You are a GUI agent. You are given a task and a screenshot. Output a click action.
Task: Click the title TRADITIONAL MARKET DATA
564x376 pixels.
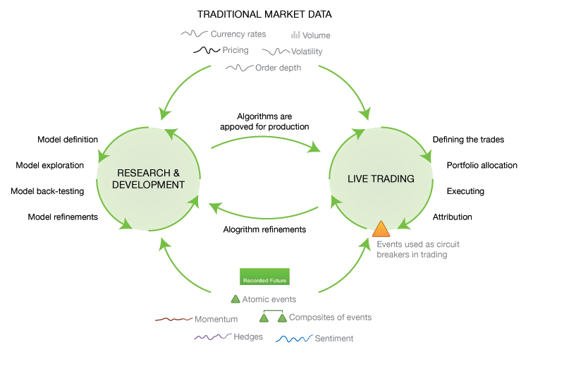pyautogui.click(x=264, y=14)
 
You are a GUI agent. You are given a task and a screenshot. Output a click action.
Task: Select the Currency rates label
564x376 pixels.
pyautogui.click(x=238, y=34)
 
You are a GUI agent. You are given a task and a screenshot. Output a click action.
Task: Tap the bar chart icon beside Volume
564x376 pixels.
pyautogui.click(x=296, y=35)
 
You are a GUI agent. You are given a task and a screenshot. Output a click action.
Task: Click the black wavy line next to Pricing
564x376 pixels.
pyautogui.click(x=206, y=51)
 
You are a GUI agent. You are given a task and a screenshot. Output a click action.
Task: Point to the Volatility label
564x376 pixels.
pyautogui.click(x=307, y=51)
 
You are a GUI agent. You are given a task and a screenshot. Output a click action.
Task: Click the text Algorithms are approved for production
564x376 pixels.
pyautogui.click(x=264, y=121)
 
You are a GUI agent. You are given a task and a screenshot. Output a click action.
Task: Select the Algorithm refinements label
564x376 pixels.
pyautogui.click(x=264, y=229)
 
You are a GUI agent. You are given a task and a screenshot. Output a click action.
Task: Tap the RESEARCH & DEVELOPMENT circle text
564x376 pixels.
pyautogui.click(x=151, y=178)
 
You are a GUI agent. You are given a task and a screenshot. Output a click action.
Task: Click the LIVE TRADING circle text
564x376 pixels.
pyautogui.click(x=381, y=178)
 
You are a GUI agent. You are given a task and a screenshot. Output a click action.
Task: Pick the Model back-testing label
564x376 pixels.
pyautogui.click(x=47, y=191)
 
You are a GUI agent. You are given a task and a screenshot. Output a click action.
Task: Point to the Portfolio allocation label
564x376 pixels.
pyautogui.click(x=482, y=166)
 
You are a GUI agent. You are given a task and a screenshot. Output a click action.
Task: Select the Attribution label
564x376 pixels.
pyautogui.click(x=452, y=217)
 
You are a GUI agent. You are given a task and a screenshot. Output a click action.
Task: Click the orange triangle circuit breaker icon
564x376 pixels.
pyautogui.click(x=381, y=229)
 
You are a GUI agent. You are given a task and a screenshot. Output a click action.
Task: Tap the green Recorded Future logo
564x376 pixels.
pyautogui.click(x=264, y=276)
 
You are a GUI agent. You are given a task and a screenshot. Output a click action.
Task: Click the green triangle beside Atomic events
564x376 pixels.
pyautogui.click(x=235, y=299)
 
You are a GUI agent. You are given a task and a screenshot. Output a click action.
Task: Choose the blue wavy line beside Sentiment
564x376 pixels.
pyautogui.click(x=293, y=339)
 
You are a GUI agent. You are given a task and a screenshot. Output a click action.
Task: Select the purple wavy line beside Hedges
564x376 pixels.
pyautogui.click(x=212, y=337)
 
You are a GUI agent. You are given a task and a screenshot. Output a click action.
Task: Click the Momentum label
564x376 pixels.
pyautogui.click(x=216, y=320)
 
